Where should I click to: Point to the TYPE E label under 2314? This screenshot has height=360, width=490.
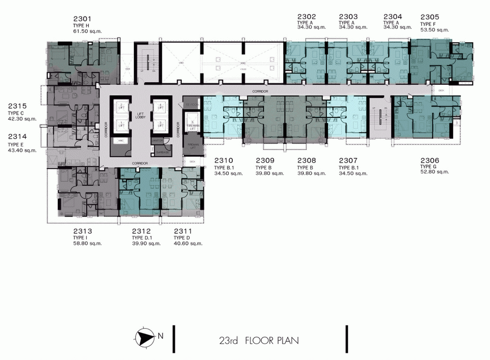(17, 145)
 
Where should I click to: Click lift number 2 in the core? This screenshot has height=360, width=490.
(121, 106)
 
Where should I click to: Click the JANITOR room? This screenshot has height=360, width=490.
(157, 141)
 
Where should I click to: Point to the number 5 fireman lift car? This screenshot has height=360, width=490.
(193, 123)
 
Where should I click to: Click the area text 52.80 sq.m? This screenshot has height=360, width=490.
(435, 172)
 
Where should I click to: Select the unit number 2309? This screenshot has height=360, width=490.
(265, 160)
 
